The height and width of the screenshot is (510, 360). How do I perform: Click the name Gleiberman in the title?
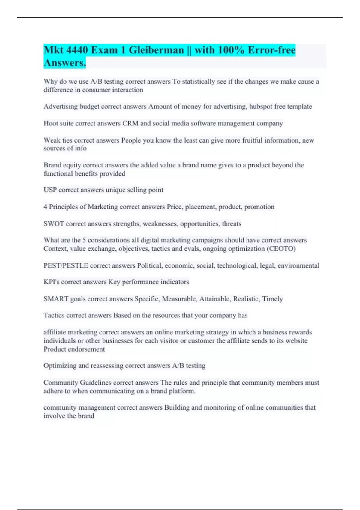tap(156, 50)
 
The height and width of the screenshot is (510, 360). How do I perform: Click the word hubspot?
tap(260, 106)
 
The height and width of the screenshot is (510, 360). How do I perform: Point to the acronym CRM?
tap(130, 123)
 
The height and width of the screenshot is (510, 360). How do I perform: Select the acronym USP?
tap(50, 190)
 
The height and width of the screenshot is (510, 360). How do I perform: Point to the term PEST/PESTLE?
tap(66, 265)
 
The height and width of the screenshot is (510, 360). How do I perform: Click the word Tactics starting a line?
tap(54, 315)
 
